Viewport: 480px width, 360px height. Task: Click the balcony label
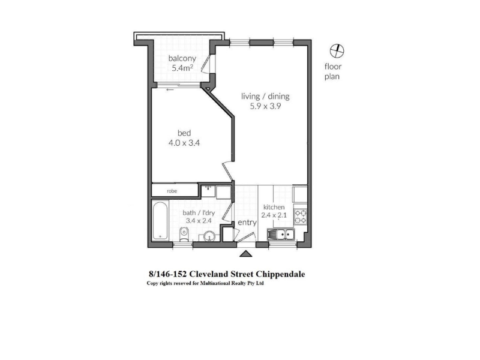182,58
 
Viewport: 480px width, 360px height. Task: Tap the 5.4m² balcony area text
182,68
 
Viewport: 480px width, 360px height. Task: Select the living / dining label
265,97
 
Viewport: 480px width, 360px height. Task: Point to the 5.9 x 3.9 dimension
265,106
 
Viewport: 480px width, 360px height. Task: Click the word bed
184,133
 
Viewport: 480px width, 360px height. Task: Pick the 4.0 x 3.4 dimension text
184,143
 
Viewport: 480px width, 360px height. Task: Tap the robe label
172,191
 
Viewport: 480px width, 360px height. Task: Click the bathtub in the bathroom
160,220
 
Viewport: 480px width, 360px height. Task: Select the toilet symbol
184,235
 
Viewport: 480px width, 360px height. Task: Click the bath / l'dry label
199,213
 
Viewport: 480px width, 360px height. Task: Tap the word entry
247,223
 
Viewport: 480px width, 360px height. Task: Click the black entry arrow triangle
245,254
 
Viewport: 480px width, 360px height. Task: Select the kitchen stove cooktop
301,216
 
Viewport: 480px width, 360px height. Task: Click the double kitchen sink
281,235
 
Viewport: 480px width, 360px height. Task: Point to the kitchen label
274,207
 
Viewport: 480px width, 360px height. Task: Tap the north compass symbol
337,51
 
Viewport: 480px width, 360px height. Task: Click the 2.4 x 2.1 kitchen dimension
274,215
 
